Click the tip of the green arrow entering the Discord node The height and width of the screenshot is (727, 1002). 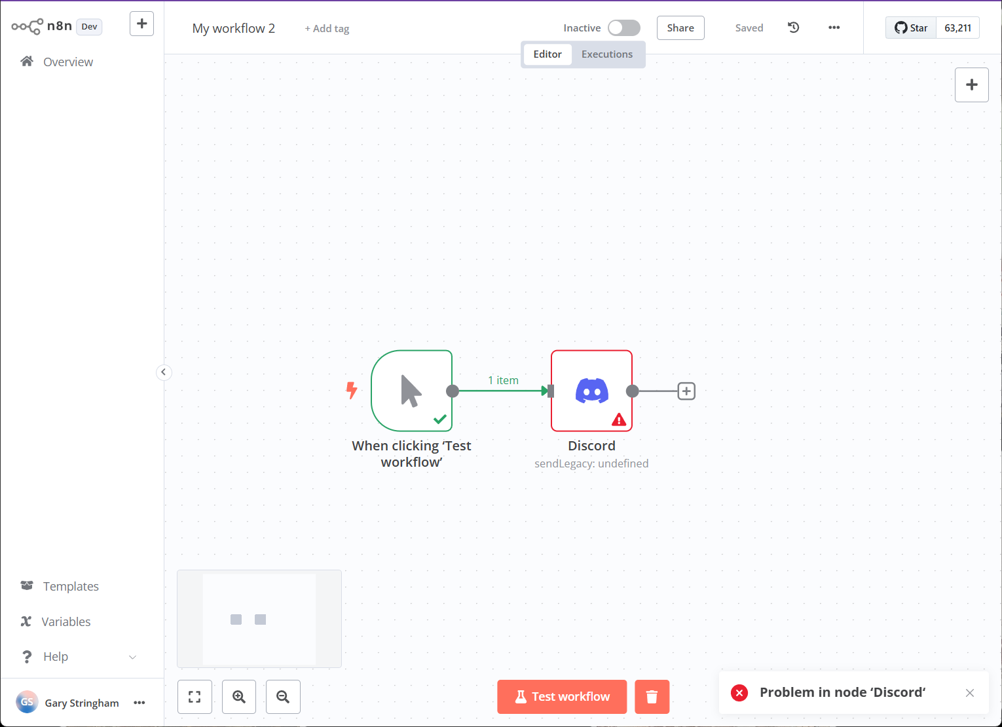pyautogui.click(x=548, y=391)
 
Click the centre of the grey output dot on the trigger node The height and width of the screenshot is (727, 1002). pyautogui.click(x=453, y=391)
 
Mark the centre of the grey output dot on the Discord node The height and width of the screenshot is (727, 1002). pyautogui.click(x=632, y=391)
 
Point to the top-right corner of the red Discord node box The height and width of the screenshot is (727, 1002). pyautogui.click(x=632, y=351)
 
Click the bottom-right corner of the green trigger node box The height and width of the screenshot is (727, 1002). pyautogui.click(x=452, y=431)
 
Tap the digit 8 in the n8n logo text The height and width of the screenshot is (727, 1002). pyautogui.click(x=60, y=26)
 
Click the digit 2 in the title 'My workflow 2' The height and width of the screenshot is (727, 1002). pyautogui.click(x=271, y=28)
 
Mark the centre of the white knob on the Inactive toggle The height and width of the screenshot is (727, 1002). pyautogui.click(x=616, y=28)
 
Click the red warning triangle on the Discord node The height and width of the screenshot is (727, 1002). pyautogui.click(x=619, y=420)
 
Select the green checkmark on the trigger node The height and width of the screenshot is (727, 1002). pyautogui.click(x=439, y=419)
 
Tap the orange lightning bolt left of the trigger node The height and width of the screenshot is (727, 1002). pyautogui.click(x=352, y=390)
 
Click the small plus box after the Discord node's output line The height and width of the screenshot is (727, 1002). pyautogui.click(x=686, y=391)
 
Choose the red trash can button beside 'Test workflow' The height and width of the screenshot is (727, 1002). pyautogui.click(x=652, y=697)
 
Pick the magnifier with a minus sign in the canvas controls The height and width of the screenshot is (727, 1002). pyautogui.click(x=283, y=697)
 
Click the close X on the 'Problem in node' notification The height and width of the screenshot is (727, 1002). pyautogui.click(x=969, y=693)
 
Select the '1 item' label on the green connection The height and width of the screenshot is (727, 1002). pyautogui.click(x=503, y=380)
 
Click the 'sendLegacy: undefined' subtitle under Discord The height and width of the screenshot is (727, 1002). pyautogui.click(x=591, y=463)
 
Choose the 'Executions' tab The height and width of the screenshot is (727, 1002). pyautogui.click(x=606, y=54)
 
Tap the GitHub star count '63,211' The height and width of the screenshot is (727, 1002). pyautogui.click(x=957, y=28)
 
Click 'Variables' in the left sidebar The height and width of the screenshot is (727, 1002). pyautogui.click(x=65, y=621)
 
